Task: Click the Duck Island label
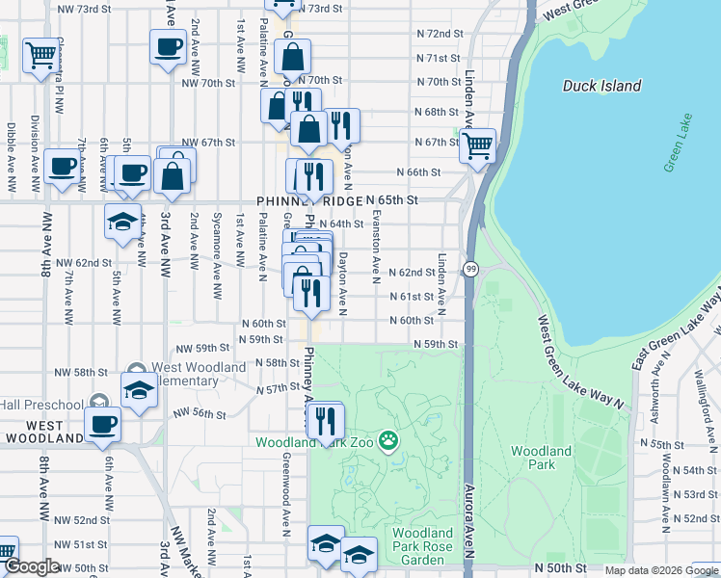click(x=601, y=86)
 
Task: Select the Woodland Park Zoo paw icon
click(x=387, y=441)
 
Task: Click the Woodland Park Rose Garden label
click(x=422, y=545)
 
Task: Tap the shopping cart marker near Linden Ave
click(x=477, y=145)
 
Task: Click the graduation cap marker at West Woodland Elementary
click(x=139, y=389)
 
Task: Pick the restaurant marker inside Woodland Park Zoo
click(x=325, y=419)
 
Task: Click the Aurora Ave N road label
click(x=469, y=520)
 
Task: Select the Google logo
click(x=31, y=567)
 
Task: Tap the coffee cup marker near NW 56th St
click(x=102, y=423)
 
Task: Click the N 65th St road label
click(x=394, y=199)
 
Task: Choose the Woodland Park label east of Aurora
click(x=541, y=457)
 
